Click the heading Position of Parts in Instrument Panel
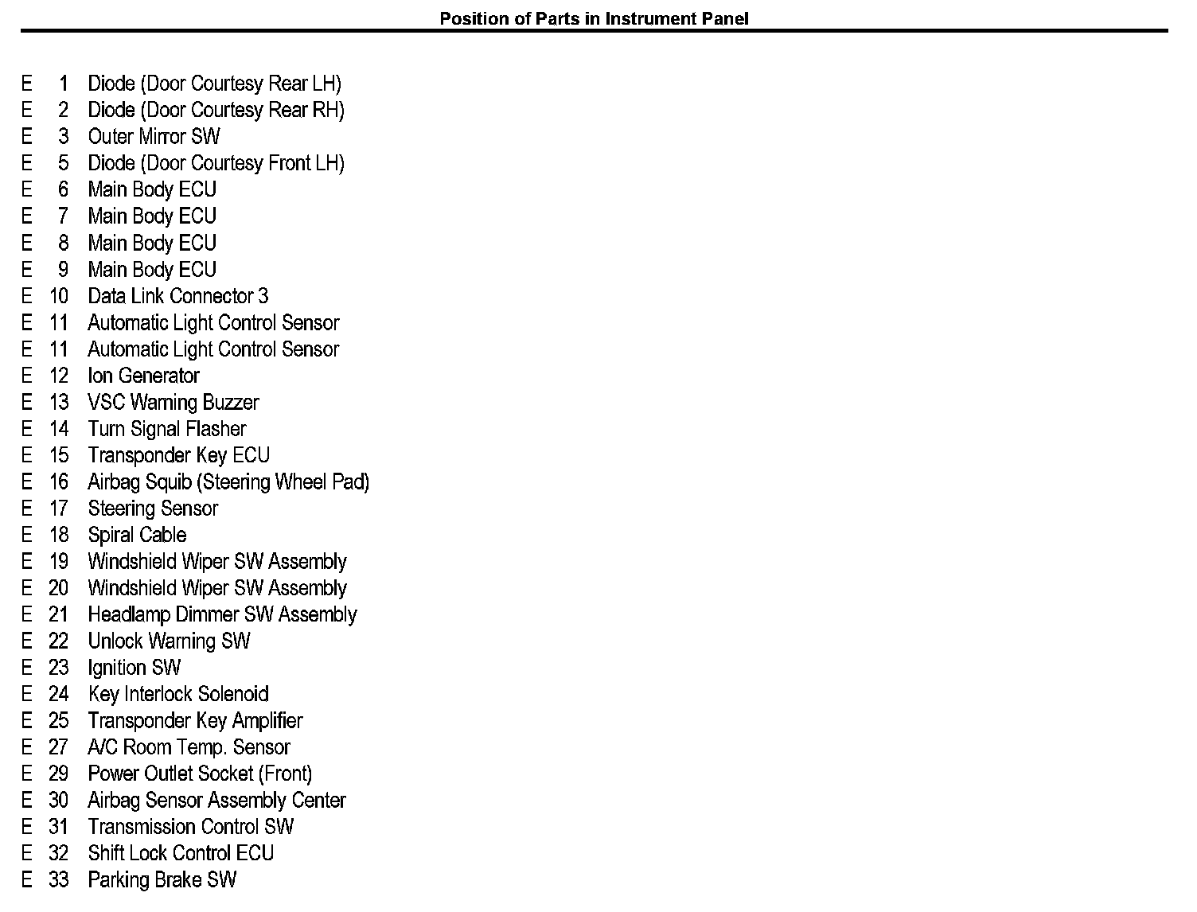[594, 18]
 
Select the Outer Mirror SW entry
[154, 137]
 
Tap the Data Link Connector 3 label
[177, 296]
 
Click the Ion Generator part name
[143, 376]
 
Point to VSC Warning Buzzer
[173, 403]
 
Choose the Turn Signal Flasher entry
[167, 429]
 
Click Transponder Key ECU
[178, 455]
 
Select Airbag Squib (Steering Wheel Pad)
[228, 482]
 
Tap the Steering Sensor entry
[153, 509]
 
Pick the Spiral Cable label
[137, 535]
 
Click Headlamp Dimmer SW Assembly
[222, 614]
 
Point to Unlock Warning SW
[169, 641]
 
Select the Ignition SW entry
[134, 668]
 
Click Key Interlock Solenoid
[178, 694]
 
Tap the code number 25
[59, 721]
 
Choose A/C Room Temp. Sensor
[189, 747]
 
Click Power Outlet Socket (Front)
[200, 774]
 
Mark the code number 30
[59, 801]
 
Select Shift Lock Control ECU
[181, 853]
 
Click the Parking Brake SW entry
[162, 880]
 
